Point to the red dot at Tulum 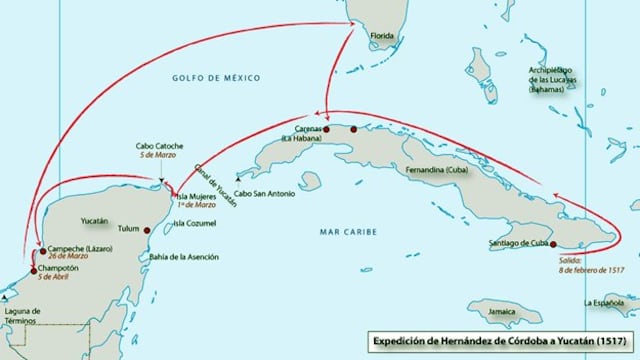(x=147, y=229)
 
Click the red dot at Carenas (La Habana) (x=326, y=130)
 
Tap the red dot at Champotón (x=32, y=270)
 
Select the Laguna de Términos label (x=22, y=317)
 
